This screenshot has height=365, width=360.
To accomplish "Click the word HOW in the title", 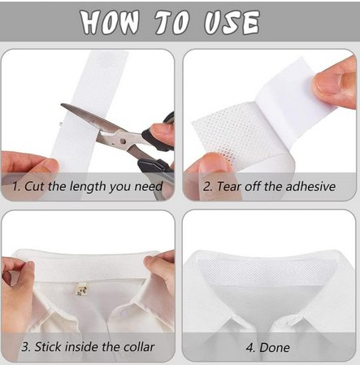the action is [x=110, y=22].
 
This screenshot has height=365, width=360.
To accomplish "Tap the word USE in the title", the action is [x=232, y=22].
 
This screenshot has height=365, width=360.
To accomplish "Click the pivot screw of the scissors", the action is [x=123, y=141].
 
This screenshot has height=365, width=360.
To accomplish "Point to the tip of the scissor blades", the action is [x=62, y=105].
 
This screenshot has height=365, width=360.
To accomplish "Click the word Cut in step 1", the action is [x=35, y=186].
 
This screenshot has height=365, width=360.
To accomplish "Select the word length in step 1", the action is [x=88, y=187].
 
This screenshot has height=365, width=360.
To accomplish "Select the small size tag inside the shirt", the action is [x=80, y=289].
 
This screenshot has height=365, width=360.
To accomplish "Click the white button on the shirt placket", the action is [x=125, y=312].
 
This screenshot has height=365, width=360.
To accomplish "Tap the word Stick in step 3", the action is [x=48, y=347].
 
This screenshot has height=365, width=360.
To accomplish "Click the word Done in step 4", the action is [x=275, y=347].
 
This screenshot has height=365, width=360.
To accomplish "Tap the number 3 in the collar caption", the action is [x=26, y=347].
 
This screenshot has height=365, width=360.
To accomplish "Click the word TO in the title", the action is [x=171, y=22].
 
